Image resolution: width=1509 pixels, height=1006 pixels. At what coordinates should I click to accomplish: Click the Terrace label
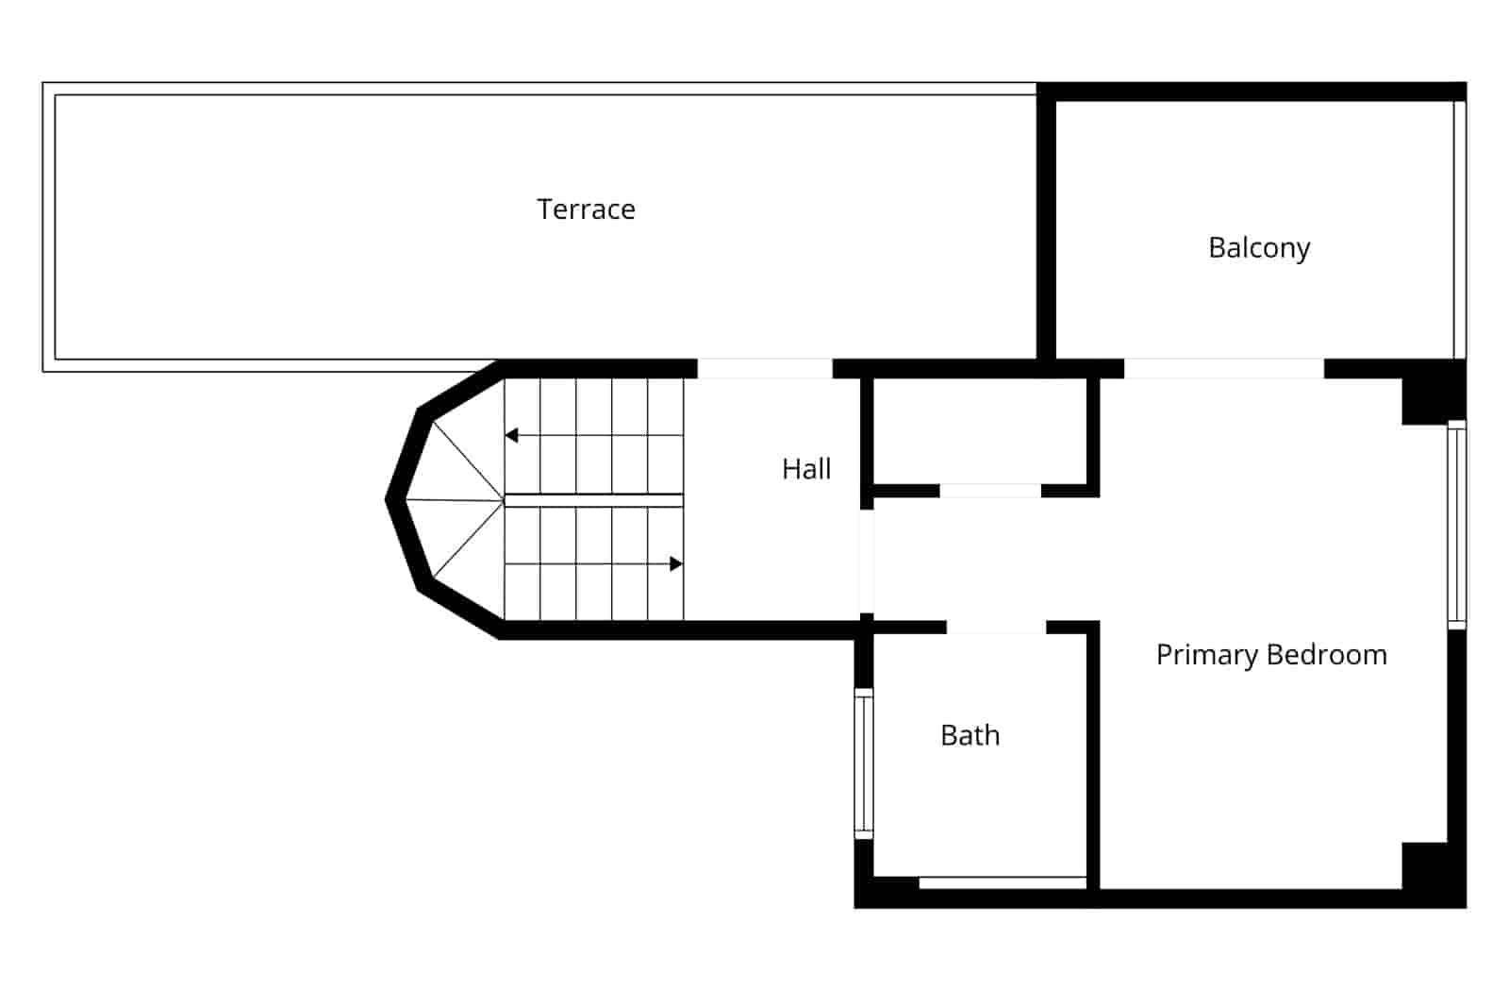(x=586, y=209)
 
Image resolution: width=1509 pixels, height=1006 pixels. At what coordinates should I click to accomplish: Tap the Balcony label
(x=1258, y=247)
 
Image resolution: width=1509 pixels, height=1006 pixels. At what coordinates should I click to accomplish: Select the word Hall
(x=806, y=469)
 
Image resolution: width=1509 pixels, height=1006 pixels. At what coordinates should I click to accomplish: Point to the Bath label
(x=970, y=735)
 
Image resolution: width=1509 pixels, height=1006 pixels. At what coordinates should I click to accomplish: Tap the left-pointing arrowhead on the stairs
(x=511, y=435)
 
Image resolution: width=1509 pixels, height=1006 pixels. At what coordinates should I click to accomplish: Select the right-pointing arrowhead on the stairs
(x=675, y=563)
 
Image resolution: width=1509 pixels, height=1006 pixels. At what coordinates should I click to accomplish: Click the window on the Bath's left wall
(x=863, y=763)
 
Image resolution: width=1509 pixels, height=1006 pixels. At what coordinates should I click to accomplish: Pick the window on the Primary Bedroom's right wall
(x=1456, y=524)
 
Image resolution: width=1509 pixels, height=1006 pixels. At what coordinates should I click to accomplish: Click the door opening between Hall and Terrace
(x=764, y=368)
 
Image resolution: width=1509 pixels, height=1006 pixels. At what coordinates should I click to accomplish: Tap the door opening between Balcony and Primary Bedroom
(x=1223, y=368)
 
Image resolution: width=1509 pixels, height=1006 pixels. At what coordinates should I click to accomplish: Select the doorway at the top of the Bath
(x=996, y=628)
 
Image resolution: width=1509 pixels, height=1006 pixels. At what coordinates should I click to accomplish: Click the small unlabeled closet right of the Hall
(x=980, y=431)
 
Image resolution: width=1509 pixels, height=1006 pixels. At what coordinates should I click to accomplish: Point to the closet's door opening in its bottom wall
(x=989, y=491)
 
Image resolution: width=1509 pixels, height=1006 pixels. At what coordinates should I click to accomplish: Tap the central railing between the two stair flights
(x=593, y=500)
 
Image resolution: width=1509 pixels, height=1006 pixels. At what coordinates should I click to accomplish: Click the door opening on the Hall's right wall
(x=866, y=561)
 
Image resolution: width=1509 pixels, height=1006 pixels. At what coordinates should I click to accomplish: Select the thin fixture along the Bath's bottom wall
(x=1003, y=882)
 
